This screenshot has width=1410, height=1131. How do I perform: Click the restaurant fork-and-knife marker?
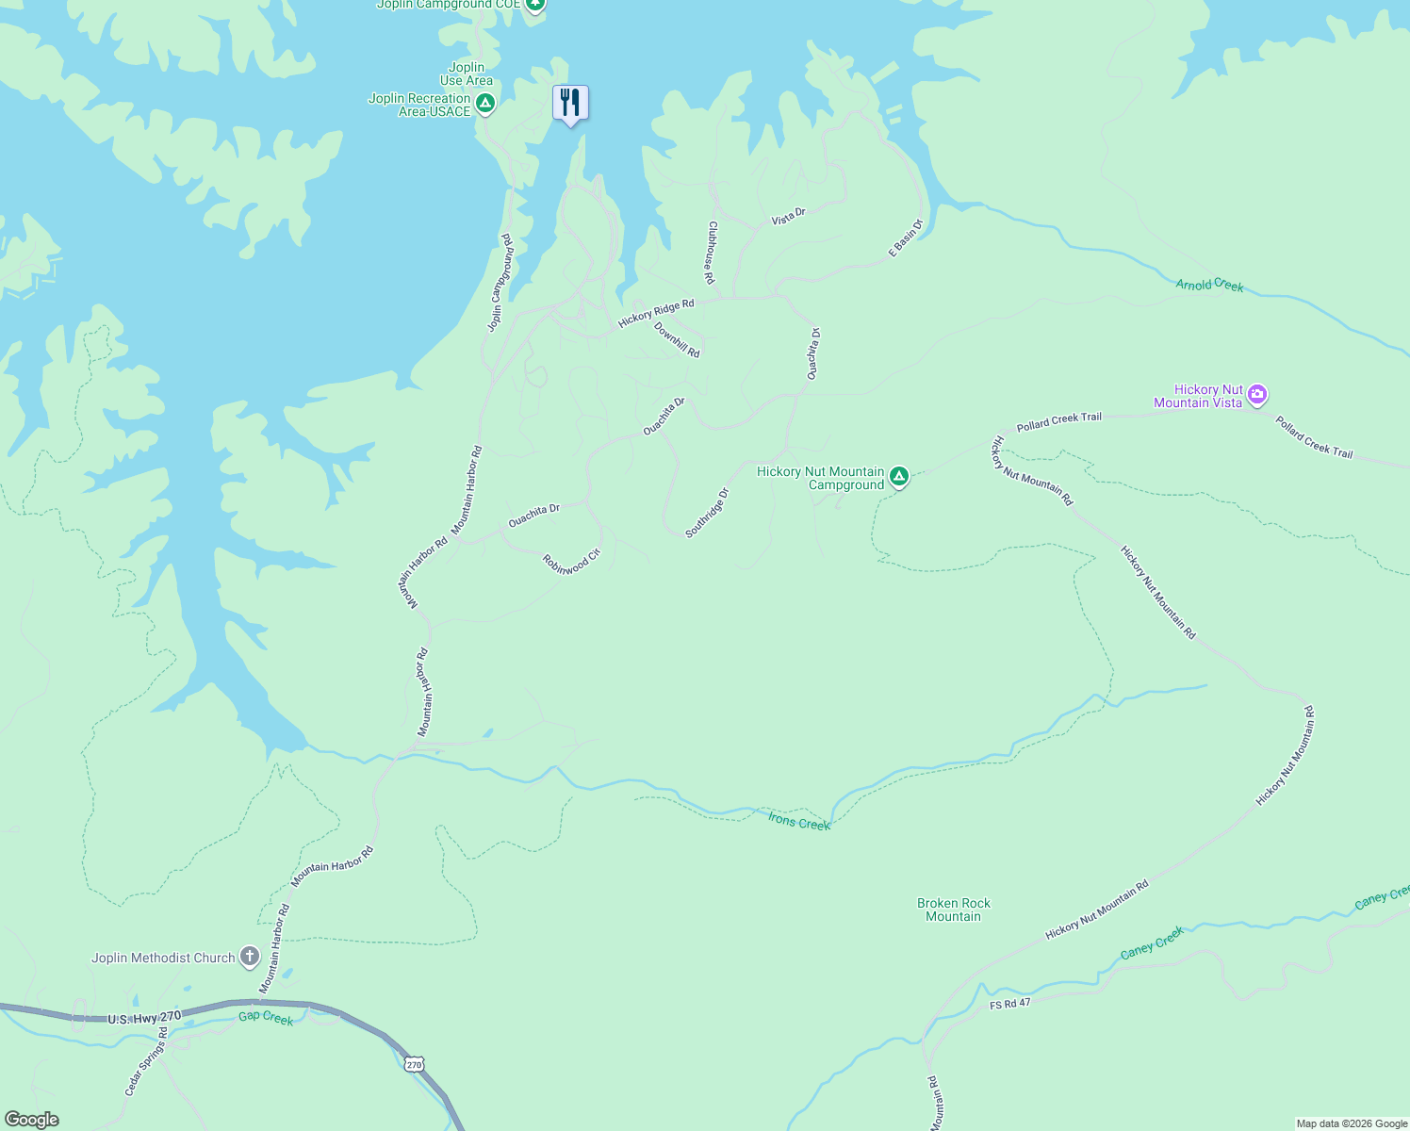pos(570,102)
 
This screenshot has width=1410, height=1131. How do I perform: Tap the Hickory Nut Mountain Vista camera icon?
pos(1257,395)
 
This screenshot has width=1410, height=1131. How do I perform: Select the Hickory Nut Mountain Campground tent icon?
pos(899,477)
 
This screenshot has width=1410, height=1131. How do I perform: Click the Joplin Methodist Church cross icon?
pos(250,958)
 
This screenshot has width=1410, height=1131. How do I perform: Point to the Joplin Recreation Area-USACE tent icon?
pos(484,104)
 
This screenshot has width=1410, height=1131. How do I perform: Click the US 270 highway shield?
pos(414,1064)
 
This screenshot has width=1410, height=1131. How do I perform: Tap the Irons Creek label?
pos(799,822)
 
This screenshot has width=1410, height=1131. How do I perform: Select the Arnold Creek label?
pos(1209,285)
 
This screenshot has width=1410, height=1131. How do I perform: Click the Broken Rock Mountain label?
pos(953,910)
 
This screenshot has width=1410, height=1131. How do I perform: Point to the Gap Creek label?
pos(266,1018)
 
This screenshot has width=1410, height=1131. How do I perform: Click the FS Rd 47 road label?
pos(1010,1004)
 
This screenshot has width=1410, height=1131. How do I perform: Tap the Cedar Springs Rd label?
pos(147,1061)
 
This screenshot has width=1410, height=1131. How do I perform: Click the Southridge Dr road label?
pos(707,513)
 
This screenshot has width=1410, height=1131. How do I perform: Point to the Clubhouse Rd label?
pos(712,253)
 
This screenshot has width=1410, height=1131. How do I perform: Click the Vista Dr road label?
pos(789,216)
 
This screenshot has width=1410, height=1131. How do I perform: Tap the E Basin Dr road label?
pos(906,238)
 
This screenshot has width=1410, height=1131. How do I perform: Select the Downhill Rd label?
pos(677,340)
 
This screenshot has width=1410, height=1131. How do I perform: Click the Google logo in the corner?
pos(31,1120)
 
